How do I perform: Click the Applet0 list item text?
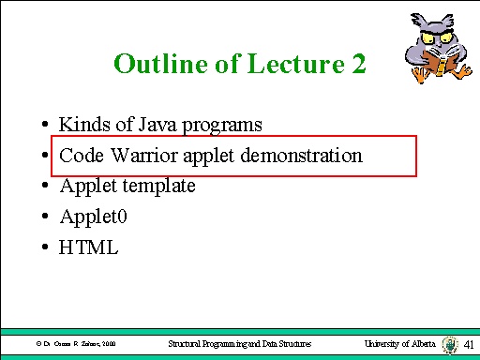pos(90,217)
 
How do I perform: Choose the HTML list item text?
pos(88,247)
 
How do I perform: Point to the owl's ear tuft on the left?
pos(418,20)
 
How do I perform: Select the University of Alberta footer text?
pos(399,345)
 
